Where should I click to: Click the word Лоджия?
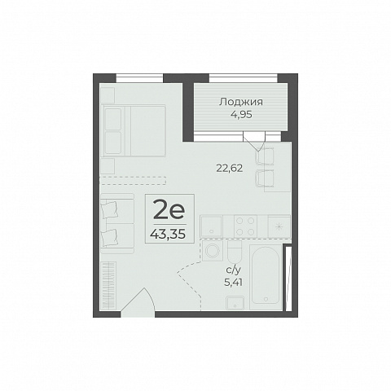[x=241, y=103]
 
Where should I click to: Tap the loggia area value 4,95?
[x=241, y=115]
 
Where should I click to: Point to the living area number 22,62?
[x=230, y=169]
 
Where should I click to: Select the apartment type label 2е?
[x=169, y=209]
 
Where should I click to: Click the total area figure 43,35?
[x=169, y=234]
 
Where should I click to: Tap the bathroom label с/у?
[x=233, y=270]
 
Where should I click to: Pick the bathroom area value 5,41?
[x=233, y=283]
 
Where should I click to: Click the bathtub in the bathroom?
[x=266, y=276]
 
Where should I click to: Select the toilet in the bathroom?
[x=235, y=252]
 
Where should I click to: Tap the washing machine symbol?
[x=213, y=250]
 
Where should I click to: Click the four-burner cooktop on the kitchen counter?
[x=245, y=226]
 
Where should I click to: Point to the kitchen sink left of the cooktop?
[x=211, y=226]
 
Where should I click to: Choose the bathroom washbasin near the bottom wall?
[x=235, y=302]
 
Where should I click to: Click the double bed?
[x=133, y=130]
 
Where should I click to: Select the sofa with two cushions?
[x=117, y=223]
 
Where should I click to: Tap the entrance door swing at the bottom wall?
[x=138, y=302]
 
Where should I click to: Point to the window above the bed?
[x=139, y=78]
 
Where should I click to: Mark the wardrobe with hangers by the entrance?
[x=108, y=285]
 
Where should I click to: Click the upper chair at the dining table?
[x=265, y=156]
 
